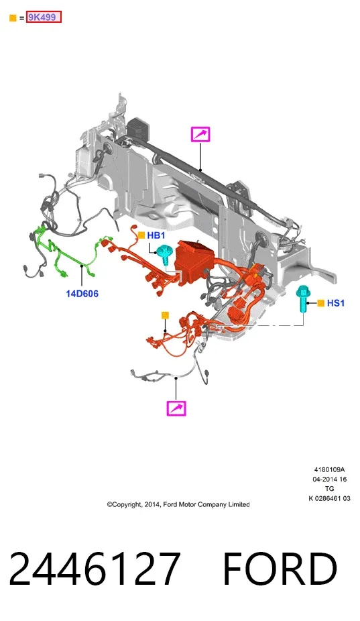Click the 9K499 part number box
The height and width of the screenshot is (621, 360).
[44, 17]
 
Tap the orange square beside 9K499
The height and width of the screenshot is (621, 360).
[13, 18]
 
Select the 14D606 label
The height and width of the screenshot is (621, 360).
[82, 294]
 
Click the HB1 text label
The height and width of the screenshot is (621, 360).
[156, 235]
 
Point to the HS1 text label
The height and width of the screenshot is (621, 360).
[336, 303]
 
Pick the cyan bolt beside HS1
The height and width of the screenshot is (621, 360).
[303, 298]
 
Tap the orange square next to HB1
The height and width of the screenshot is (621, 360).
[141, 235]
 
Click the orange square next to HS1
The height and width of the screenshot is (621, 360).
[321, 303]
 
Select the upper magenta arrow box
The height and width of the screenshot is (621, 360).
[200, 134]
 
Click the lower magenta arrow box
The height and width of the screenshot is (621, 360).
[176, 408]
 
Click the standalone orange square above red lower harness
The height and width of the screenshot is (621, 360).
[165, 315]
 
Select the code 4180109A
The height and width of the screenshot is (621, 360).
[330, 469]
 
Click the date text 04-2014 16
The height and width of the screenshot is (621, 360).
[330, 479]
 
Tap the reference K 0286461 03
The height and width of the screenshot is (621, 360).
[330, 498]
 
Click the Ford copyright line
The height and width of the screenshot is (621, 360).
[178, 504]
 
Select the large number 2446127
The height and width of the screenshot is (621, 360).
[95, 568]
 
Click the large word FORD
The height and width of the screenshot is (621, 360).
[280, 568]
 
